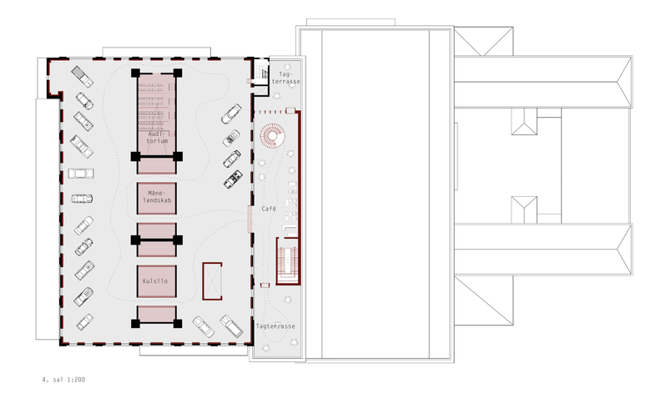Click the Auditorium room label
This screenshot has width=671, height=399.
157,137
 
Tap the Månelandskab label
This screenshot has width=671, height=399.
157,196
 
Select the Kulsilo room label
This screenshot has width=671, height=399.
155,281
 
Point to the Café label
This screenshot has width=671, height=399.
269,209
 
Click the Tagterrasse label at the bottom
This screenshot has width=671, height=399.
275,326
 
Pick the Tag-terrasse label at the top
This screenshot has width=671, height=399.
286,78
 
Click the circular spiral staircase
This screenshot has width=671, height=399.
272,136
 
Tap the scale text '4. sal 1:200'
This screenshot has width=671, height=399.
63,379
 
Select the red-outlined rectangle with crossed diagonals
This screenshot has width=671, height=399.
212,280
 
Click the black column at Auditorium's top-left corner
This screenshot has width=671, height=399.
136,73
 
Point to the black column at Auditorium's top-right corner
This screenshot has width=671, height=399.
177,73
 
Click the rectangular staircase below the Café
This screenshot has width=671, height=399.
288,261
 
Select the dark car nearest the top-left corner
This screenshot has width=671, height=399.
82,77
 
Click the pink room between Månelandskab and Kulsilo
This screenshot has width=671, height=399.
157,240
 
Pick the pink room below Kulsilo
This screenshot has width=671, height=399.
157,316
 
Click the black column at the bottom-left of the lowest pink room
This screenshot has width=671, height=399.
136,323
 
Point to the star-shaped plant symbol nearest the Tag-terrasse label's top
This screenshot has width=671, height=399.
287,67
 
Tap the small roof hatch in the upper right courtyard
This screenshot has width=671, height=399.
524,122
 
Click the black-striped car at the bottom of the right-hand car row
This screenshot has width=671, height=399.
233,179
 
